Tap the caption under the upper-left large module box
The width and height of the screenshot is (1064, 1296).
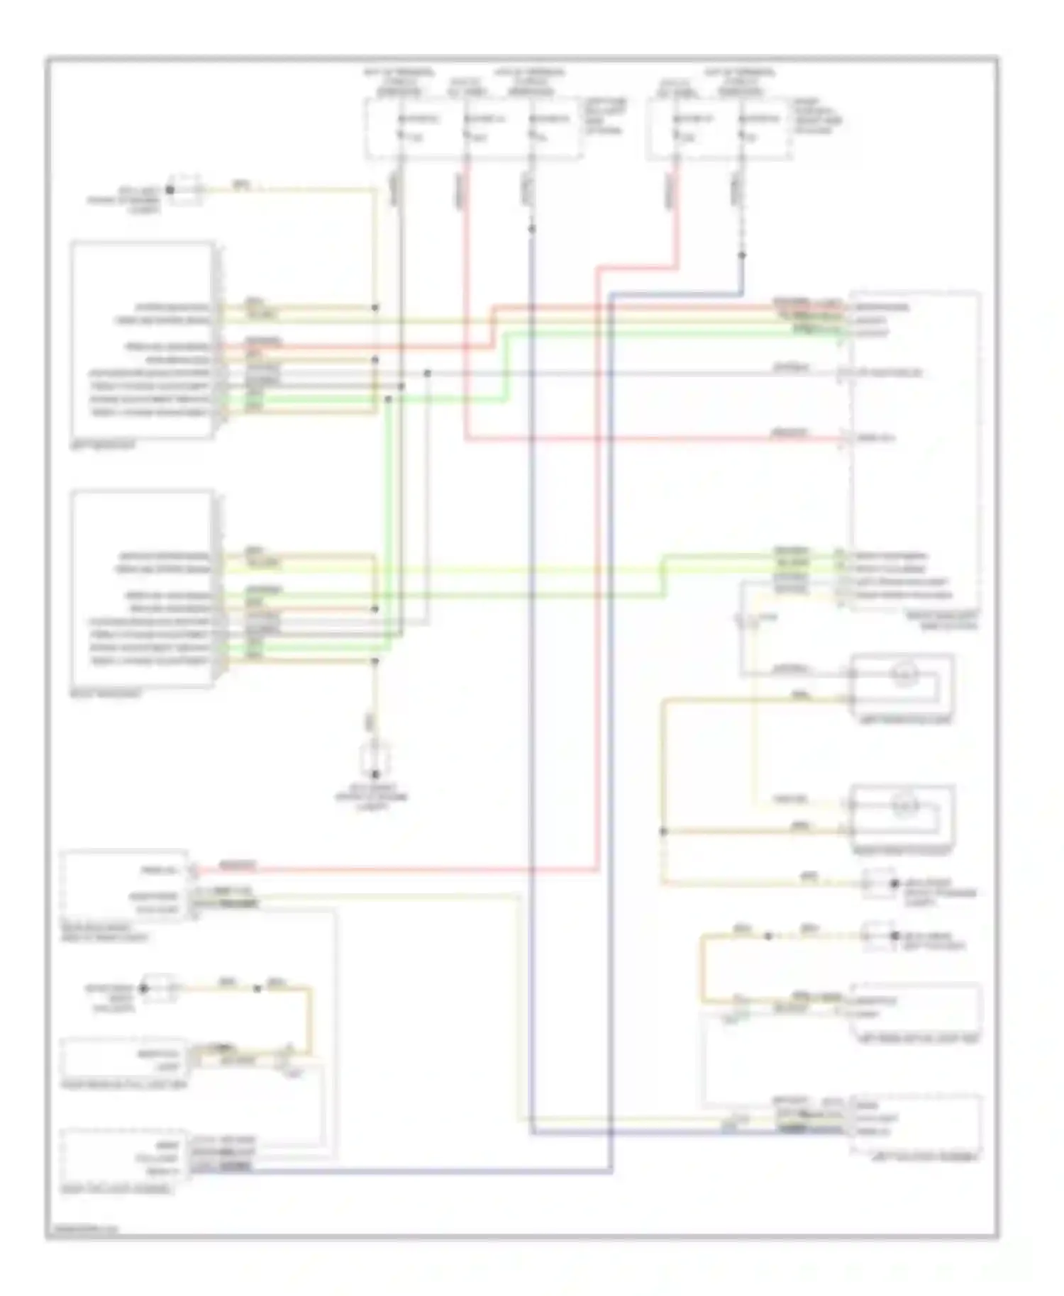point(104,446)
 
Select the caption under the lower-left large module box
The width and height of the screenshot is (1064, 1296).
point(106,694)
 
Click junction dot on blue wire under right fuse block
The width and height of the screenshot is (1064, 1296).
point(742,255)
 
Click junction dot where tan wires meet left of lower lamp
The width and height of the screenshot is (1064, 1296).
point(664,831)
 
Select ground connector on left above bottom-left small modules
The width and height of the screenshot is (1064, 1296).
point(160,988)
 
